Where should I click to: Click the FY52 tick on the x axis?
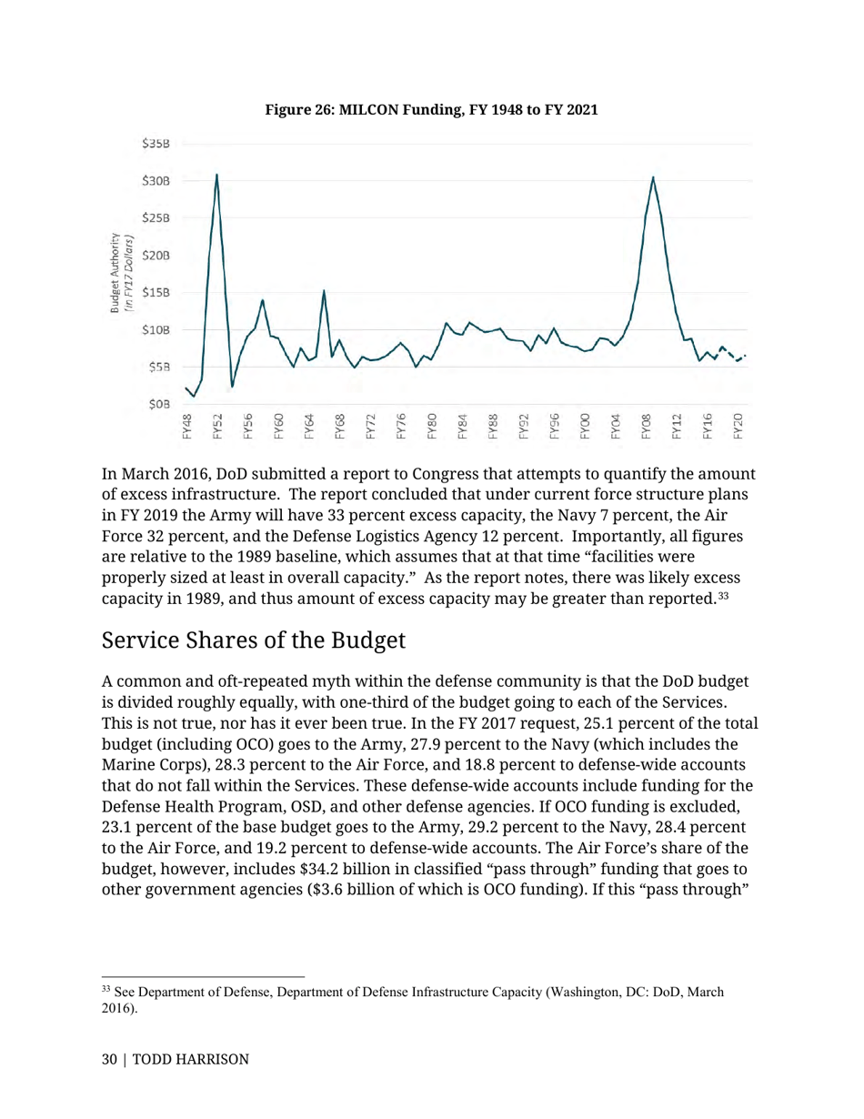coord(217,426)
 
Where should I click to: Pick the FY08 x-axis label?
coord(647,426)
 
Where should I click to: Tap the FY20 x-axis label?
coord(738,426)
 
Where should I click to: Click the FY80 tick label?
coord(432,426)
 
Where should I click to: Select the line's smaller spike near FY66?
coord(324,291)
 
